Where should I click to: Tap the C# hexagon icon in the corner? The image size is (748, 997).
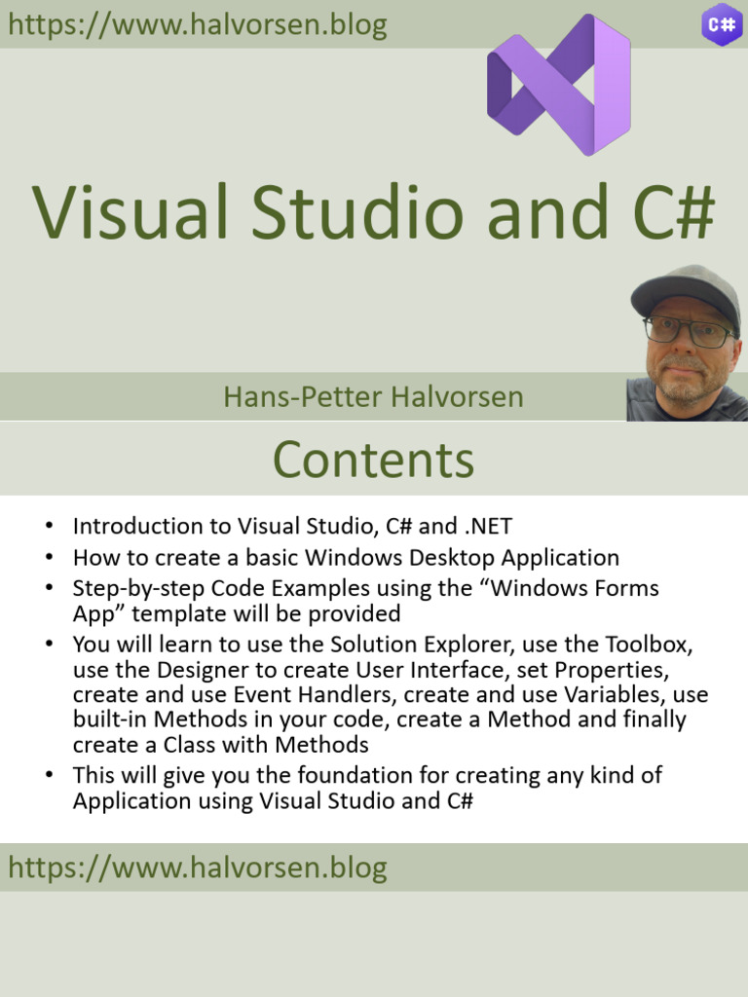coord(722,24)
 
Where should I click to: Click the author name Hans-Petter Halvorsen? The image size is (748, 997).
coord(373,397)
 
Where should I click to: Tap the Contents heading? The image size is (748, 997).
coord(373,460)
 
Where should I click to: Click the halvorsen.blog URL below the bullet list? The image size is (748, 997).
coord(198,868)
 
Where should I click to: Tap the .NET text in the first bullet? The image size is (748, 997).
coord(487,527)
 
